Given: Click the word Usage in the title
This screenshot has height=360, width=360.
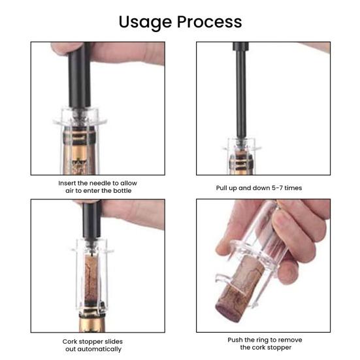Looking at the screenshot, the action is [x=145, y=23].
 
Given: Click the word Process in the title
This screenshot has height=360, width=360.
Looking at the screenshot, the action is [x=209, y=22].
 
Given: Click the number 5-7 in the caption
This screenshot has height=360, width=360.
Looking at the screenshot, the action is [x=277, y=188].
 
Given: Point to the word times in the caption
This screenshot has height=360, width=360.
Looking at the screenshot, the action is [x=293, y=188].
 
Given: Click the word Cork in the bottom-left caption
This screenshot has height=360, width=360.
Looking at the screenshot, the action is [x=69, y=342].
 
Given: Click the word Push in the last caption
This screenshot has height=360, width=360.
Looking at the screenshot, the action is [x=235, y=340].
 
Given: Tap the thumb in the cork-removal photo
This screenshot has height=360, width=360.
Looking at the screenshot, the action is [x=232, y=229].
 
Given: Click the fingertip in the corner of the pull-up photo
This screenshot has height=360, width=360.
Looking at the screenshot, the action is [x=318, y=46].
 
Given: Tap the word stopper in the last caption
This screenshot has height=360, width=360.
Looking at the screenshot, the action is [x=280, y=348].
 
